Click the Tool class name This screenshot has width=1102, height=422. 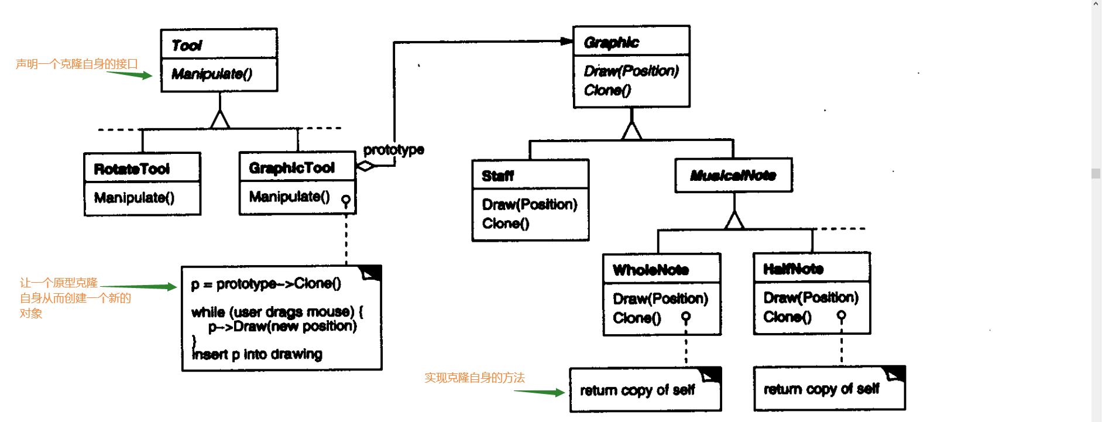pyautogui.click(x=187, y=45)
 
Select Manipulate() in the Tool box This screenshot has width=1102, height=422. pyautogui.click(x=212, y=74)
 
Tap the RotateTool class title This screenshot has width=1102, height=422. pyautogui.click(x=132, y=169)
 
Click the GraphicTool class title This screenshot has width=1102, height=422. pyautogui.click(x=291, y=168)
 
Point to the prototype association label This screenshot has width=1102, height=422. pyautogui.click(x=393, y=150)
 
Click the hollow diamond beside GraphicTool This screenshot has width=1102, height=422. pyautogui.click(x=365, y=166)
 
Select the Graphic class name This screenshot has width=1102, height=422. pyautogui.click(x=611, y=42)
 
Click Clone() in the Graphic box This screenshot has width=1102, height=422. pyautogui.click(x=607, y=90)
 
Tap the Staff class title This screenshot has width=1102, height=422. pyautogui.click(x=497, y=176)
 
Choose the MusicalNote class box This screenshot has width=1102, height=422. pyautogui.click(x=733, y=175)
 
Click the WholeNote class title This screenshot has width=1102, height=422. pyautogui.click(x=650, y=270)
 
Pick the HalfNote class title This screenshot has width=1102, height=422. pyautogui.click(x=793, y=269)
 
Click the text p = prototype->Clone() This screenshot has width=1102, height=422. pyautogui.click(x=266, y=284)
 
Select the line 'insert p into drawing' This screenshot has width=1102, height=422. pyautogui.click(x=257, y=354)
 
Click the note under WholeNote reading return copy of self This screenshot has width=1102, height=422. pyautogui.click(x=637, y=390)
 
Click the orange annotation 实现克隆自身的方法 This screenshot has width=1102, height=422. pyautogui.click(x=475, y=378)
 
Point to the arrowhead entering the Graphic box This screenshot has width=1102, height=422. pyautogui.click(x=567, y=41)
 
